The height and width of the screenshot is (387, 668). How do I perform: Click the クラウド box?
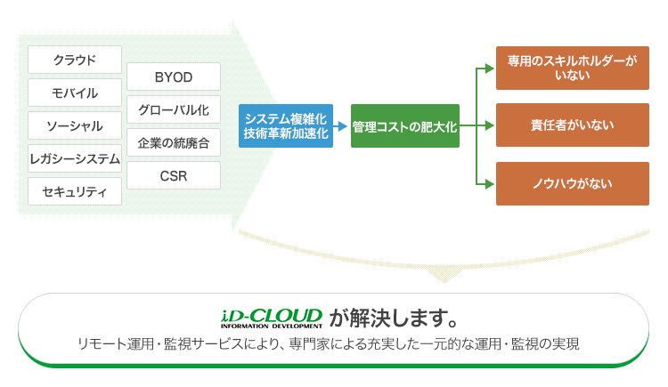coord(75,60)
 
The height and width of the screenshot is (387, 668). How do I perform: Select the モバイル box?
coord(75,93)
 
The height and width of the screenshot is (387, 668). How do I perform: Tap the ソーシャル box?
coord(75,125)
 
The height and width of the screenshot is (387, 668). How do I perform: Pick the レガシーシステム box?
coord(75,158)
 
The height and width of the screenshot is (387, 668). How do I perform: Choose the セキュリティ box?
coord(75,191)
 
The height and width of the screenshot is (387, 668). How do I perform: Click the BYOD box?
coord(174,77)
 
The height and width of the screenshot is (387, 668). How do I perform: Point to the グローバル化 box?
coord(174,109)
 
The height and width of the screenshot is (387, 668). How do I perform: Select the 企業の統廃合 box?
coord(174,142)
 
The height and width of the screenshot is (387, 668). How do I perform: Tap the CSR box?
coord(174,175)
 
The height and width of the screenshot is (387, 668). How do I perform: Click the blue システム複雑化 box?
coord(286,126)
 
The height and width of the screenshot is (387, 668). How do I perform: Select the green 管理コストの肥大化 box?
coord(405,126)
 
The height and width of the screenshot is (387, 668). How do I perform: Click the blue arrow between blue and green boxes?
coord(340,126)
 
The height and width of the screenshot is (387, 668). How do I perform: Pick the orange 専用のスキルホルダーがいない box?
coord(573,69)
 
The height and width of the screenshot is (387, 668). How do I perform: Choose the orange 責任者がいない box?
coord(573,125)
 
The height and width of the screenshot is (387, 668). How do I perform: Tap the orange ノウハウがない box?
coord(573,184)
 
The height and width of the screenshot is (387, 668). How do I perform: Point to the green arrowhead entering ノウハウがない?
coord(490,184)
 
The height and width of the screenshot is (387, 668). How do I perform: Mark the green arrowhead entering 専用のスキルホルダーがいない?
coord(490,69)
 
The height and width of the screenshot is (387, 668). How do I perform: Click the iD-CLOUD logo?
coord(272,318)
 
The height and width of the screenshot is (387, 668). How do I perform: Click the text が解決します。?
coord(394,318)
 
